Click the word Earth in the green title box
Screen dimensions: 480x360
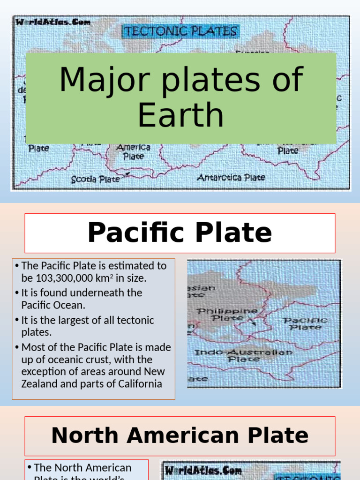pyautogui.click(x=180, y=115)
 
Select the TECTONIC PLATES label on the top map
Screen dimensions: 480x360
pyautogui.click(x=180, y=32)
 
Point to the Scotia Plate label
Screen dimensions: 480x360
pyautogui.click(x=95, y=179)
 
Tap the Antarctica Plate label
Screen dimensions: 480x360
pyautogui.click(x=231, y=178)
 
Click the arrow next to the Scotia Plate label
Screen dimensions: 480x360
pyautogui.click(x=125, y=176)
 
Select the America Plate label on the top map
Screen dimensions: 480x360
pyautogui.click(x=133, y=152)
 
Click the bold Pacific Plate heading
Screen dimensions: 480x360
pyautogui.click(x=180, y=233)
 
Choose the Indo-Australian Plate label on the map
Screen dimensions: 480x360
pyautogui.click(x=243, y=355)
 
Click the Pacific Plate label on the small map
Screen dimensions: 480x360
pyautogui.click(x=305, y=323)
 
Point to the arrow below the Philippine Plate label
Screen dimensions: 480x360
pyautogui.click(x=252, y=321)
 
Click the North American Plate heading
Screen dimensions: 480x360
pyautogui.click(x=180, y=435)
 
